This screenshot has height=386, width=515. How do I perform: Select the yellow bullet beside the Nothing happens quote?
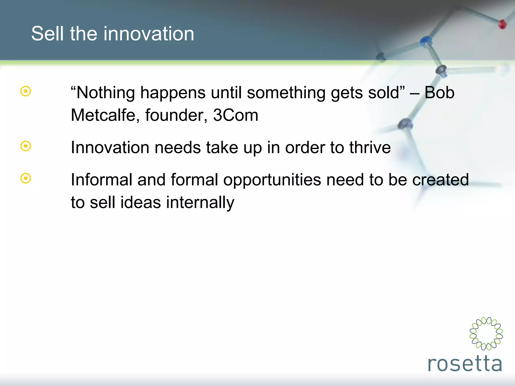tap(26, 91)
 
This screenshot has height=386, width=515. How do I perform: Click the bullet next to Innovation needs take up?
tap(26, 146)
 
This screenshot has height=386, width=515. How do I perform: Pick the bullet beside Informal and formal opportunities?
tap(26, 178)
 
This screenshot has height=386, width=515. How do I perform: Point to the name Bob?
tap(439, 92)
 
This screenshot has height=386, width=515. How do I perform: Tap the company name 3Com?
tap(236, 115)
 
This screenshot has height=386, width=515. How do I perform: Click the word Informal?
tap(101, 180)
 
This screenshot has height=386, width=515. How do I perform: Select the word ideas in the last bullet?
tap(140, 203)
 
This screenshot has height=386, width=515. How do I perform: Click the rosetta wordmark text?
tap(465, 364)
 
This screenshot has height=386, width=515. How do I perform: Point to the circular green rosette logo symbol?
tap(486, 333)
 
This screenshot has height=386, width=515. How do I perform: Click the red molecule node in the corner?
tap(502, 24)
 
